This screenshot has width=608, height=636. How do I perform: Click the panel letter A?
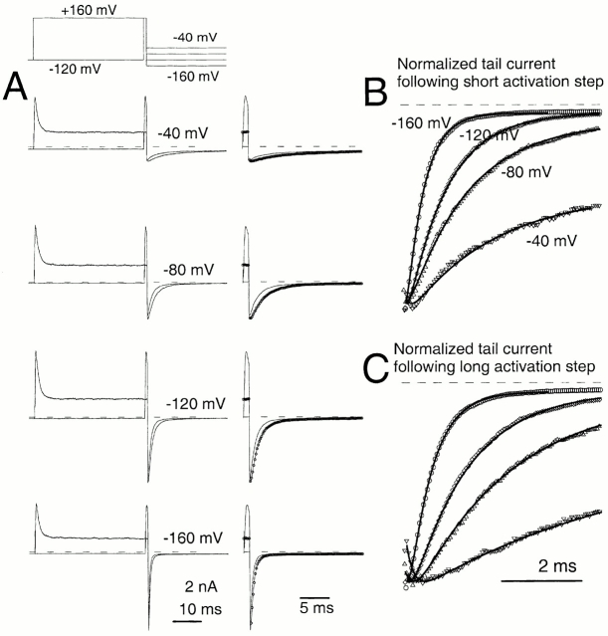coord(16,89)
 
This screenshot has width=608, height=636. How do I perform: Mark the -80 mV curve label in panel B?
coord(523,172)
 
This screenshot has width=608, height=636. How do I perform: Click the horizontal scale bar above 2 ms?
coord(541,579)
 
